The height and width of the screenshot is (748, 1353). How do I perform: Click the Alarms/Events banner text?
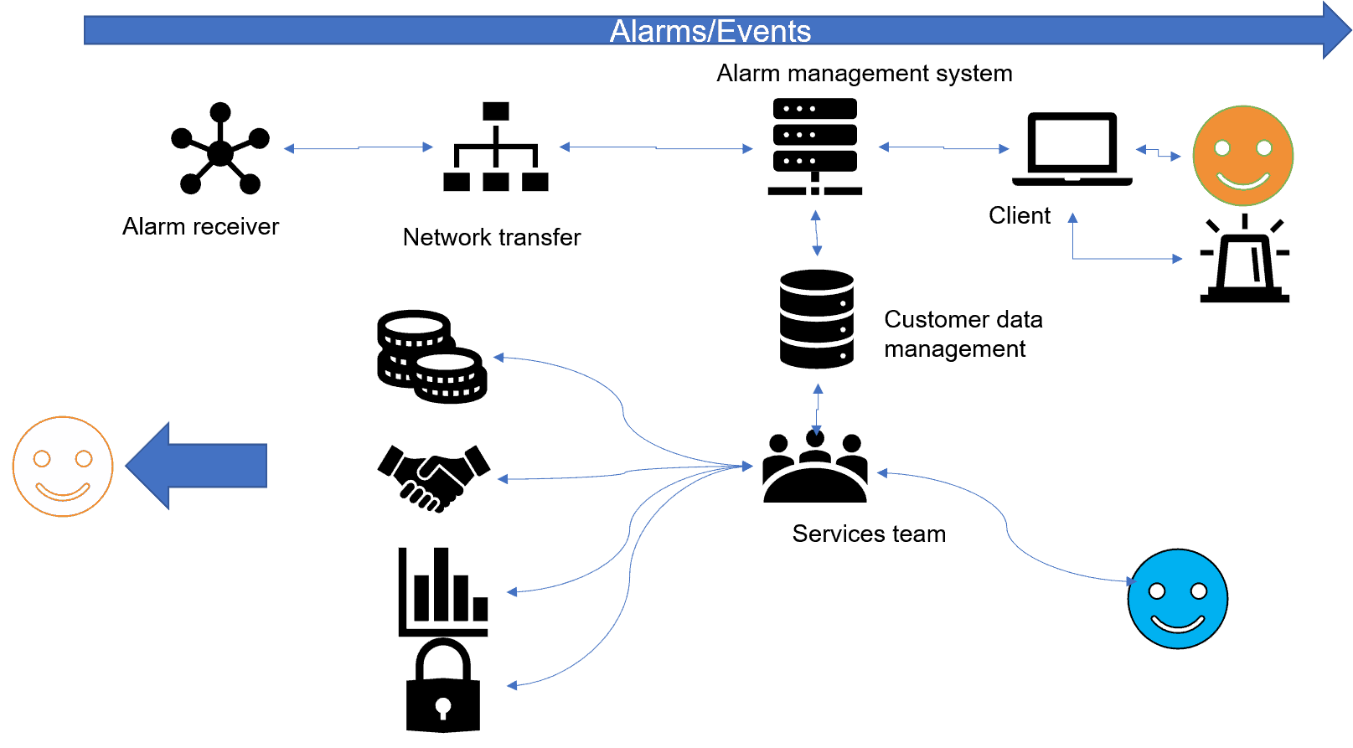click(710, 32)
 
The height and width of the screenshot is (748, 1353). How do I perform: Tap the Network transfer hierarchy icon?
click(495, 147)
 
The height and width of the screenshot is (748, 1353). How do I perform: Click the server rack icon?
click(814, 147)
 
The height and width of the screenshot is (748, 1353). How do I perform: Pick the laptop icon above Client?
click(1072, 148)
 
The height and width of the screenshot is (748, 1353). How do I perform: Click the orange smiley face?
click(1242, 155)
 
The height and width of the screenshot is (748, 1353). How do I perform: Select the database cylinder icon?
click(816, 319)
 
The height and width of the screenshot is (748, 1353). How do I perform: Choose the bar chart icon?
click(442, 591)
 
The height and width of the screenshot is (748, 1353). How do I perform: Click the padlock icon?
click(442, 687)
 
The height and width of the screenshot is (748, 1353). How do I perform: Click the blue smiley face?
click(1177, 599)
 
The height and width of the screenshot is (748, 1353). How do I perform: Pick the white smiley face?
click(63, 467)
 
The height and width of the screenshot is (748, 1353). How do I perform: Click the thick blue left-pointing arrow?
click(198, 466)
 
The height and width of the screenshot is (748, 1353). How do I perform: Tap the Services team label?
click(869, 534)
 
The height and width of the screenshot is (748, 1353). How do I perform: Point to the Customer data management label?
click(963, 333)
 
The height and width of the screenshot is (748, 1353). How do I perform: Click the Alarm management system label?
click(864, 74)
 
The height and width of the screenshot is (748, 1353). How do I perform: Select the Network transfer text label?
click(491, 237)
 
